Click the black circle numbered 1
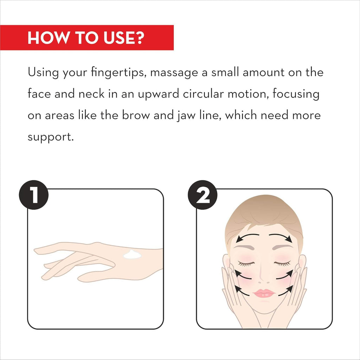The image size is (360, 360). point(34,195)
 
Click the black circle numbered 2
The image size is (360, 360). point(202,195)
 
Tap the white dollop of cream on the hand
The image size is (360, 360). point(132,255)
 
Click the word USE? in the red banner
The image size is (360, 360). point(124,38)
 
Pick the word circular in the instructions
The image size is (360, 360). point(203,94)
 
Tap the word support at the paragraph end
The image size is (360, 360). point(51,137)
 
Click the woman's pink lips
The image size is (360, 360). point(264,293)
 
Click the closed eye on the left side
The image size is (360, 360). point(246,264)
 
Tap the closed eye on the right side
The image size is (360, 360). point(282,264)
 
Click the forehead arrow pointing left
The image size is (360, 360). point(247,236)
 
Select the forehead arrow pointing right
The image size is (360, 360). point(281,236)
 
